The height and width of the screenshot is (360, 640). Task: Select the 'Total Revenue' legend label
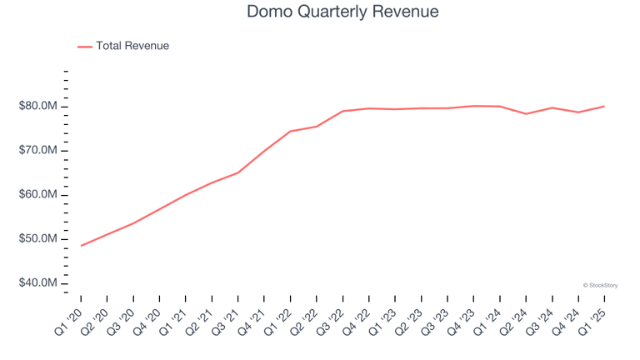[132, 46]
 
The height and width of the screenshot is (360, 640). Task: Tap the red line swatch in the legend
[85, 47]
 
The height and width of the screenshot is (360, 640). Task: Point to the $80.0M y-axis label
[37, 107]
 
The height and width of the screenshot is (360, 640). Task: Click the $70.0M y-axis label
[37, 151]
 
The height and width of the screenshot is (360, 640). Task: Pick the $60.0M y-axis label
[37, 195]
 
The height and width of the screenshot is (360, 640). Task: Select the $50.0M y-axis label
[37, 239]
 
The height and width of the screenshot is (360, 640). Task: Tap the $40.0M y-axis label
[37, 284]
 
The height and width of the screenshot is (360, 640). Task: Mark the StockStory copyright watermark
[600, 285]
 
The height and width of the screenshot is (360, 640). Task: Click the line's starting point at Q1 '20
[82, 246]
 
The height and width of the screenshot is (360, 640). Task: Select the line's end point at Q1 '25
[604, 106]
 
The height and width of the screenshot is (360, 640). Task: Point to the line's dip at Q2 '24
[526, 113]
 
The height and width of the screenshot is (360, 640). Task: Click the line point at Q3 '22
[342, 111]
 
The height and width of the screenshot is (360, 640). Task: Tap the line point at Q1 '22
[290, 131]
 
